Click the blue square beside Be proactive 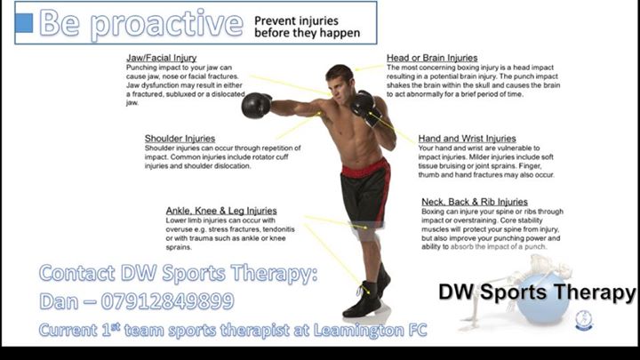pos(24,23)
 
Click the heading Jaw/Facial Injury pos(161,58)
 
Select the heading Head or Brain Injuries pos(432,58)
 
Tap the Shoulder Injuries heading pos(180,139)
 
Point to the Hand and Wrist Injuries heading pos(467,139)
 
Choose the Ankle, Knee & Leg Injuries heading pos(221,211)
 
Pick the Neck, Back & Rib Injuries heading pos(475,202)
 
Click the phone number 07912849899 pos(167,301)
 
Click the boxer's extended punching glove pos(256,105)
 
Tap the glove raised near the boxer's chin pos(363,104)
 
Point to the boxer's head pos(340,80)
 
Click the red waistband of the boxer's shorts pos(364,168)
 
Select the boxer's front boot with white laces pos(363,300)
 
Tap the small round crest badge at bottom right pos(584,320)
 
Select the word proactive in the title pos(166,24)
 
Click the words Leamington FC pos(370,330)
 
